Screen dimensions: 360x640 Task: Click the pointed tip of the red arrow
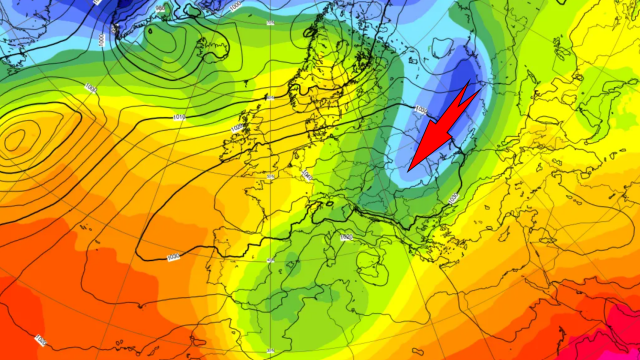click(x=410, y=167)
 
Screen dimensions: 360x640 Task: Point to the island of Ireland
click(x=233, y=149)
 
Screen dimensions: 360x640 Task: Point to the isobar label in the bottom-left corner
click(x=40, y=341)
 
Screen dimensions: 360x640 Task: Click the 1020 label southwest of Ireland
click(x=236, y=129)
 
